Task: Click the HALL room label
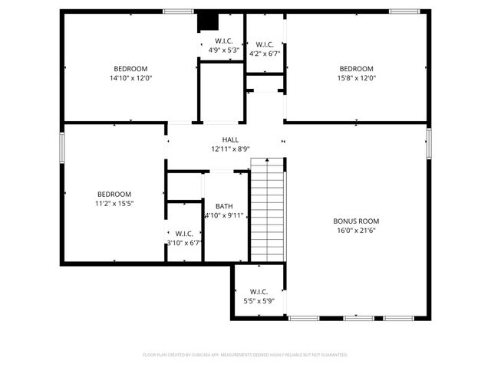click(x=230, y=140)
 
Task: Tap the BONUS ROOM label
click(x=357, y=221)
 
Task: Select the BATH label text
click(x=224, y=206)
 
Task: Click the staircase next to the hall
click(x=268, y=211)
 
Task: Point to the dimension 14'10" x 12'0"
click(x=131, y=77)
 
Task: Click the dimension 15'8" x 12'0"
click(x=357, y=77)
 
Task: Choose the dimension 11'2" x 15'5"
click(x=114, y=203)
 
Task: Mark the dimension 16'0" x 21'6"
click(x=357, y=230)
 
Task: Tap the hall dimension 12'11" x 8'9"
click(x=230, y=149)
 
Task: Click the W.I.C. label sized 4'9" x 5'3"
click(x=224, y=41)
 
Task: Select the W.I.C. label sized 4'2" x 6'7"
click(x=265, y=44)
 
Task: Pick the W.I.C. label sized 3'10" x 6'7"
click(x=184, y=234)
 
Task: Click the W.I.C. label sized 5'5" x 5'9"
click(x=259, y=292)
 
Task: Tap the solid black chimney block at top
click(x=206, y=21)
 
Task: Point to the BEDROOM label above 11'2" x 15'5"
click(x=114, y=195)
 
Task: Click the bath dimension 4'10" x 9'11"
click(x=224, y=215)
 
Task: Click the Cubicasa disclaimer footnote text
click(x=245, y=355)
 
